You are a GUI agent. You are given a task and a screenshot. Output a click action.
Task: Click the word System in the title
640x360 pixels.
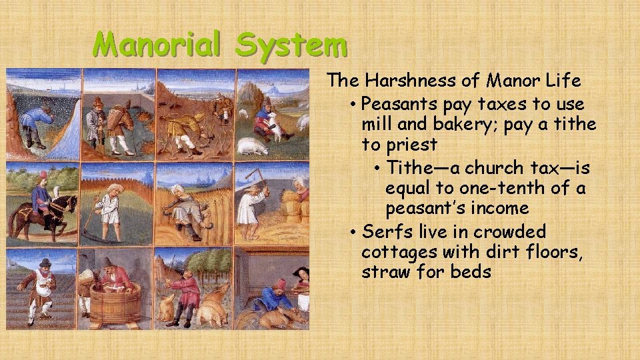[x=291, y=45]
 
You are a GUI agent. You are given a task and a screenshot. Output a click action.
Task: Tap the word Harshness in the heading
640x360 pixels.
[x=421, y=81]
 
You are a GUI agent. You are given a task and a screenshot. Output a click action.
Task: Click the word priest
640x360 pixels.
[x=413, y=145]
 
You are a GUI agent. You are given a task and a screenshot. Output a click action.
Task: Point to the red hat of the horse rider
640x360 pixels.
[x=43, y=176]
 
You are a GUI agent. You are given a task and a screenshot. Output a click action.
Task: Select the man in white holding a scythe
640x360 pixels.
[x=107, y=210]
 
